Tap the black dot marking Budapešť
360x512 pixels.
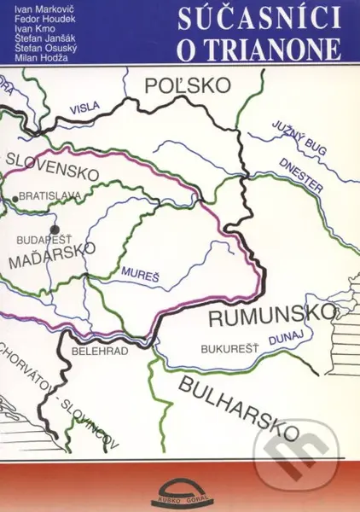click(x=55, y=229)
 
